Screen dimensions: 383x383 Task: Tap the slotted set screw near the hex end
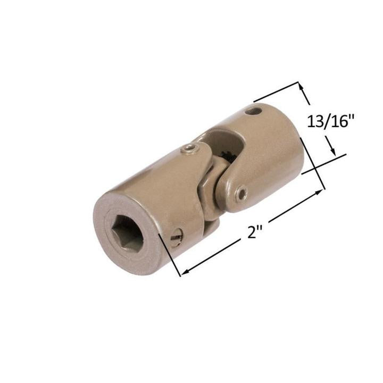(x=178, y=235)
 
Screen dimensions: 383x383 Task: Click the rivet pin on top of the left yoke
(x=189, y=149)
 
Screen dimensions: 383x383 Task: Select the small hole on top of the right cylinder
(x=254, y=112)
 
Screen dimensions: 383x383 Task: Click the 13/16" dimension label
(x=330, y=121)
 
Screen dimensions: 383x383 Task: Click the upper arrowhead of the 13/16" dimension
(x=301, y=86)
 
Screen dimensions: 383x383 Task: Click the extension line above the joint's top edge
(x=277, y=92)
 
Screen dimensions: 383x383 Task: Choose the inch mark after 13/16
(x=352, y=118)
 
